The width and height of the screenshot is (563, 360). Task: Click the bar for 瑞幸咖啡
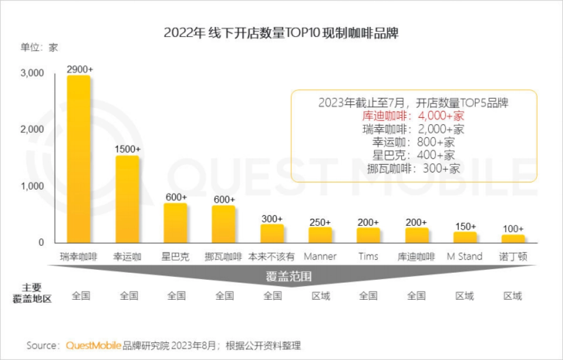pyautogui.click(x=78, y=160)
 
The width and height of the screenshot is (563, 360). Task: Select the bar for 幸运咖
pyautogui.click(x=127, y=199)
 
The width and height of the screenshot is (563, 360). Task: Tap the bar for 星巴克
pyautogui.click(x=175, y=223)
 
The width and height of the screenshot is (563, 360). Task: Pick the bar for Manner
pyautogui.click(x=320, y=235)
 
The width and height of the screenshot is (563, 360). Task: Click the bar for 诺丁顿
pyautogui.click(x=513, y=238)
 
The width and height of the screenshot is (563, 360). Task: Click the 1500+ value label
pyautogui.click(x=128, y=149)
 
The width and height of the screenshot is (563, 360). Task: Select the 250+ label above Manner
pyautogui.click(x=320, y=222)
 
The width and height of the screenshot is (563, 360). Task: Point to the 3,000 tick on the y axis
pyautogui.click(x=32, y=73)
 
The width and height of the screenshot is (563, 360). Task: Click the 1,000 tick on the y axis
pyautogui.click(x=32, y=186)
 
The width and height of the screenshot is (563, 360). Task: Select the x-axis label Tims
pyautogui.click(x=368, y=256)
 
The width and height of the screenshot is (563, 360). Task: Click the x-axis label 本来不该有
pyautogui.click(x=272, y=257)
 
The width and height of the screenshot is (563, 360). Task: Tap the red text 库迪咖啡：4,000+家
pyautogui.click(x=413, y=116)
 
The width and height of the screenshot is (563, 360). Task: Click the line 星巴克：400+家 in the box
pyautogui.click(x=413, y=155)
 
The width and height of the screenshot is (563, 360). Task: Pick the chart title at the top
pyautogui.click(x=281, y=34)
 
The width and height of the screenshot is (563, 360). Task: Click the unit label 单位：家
pyautogui.click(x=39, y=47)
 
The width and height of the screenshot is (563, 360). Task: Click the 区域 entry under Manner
pyautogui.click(x=320, y=296)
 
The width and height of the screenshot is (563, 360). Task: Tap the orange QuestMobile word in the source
pyautogui.click(x=93, y=346)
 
